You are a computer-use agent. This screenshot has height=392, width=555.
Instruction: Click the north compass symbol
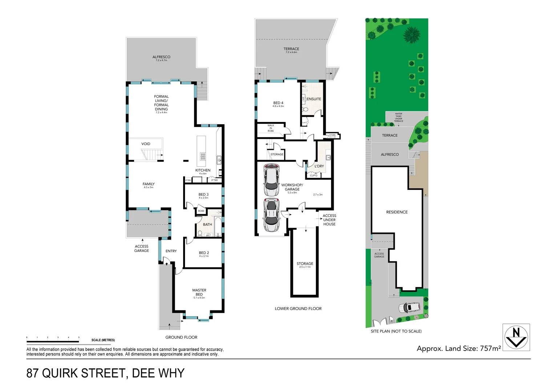coord(516,337)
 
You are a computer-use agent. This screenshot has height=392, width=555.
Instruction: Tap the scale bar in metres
coord(53,341)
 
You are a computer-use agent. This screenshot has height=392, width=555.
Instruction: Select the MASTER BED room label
coord(199,293)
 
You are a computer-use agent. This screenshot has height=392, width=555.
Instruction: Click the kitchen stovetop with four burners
coord(203,156)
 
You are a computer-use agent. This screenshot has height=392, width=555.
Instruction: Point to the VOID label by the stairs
coord(146,144)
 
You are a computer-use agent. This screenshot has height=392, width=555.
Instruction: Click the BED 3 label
coord(204,195)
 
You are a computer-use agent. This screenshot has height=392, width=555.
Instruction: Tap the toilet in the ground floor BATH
coord(200,233)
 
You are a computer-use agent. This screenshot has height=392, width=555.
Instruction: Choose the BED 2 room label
coord(204,253)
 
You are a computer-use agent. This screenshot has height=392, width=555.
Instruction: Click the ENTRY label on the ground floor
coord(171,251)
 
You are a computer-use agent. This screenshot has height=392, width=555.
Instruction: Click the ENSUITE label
coord(314,99)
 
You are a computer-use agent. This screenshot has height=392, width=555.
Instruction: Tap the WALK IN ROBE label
coord(271,128)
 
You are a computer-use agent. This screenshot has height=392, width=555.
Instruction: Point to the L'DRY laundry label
coord(319,166)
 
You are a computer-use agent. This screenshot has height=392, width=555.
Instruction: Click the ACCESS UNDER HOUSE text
coord(329,220)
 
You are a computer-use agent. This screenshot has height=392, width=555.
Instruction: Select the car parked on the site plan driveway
coord(410,307)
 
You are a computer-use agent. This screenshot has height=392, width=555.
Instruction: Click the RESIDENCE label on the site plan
coord(397,212)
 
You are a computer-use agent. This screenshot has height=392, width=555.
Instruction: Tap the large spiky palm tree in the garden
coord(411,35)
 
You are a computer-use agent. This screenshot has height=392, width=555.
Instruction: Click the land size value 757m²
coord(490,348)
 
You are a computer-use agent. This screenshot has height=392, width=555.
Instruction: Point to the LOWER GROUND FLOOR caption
coord(298,309)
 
